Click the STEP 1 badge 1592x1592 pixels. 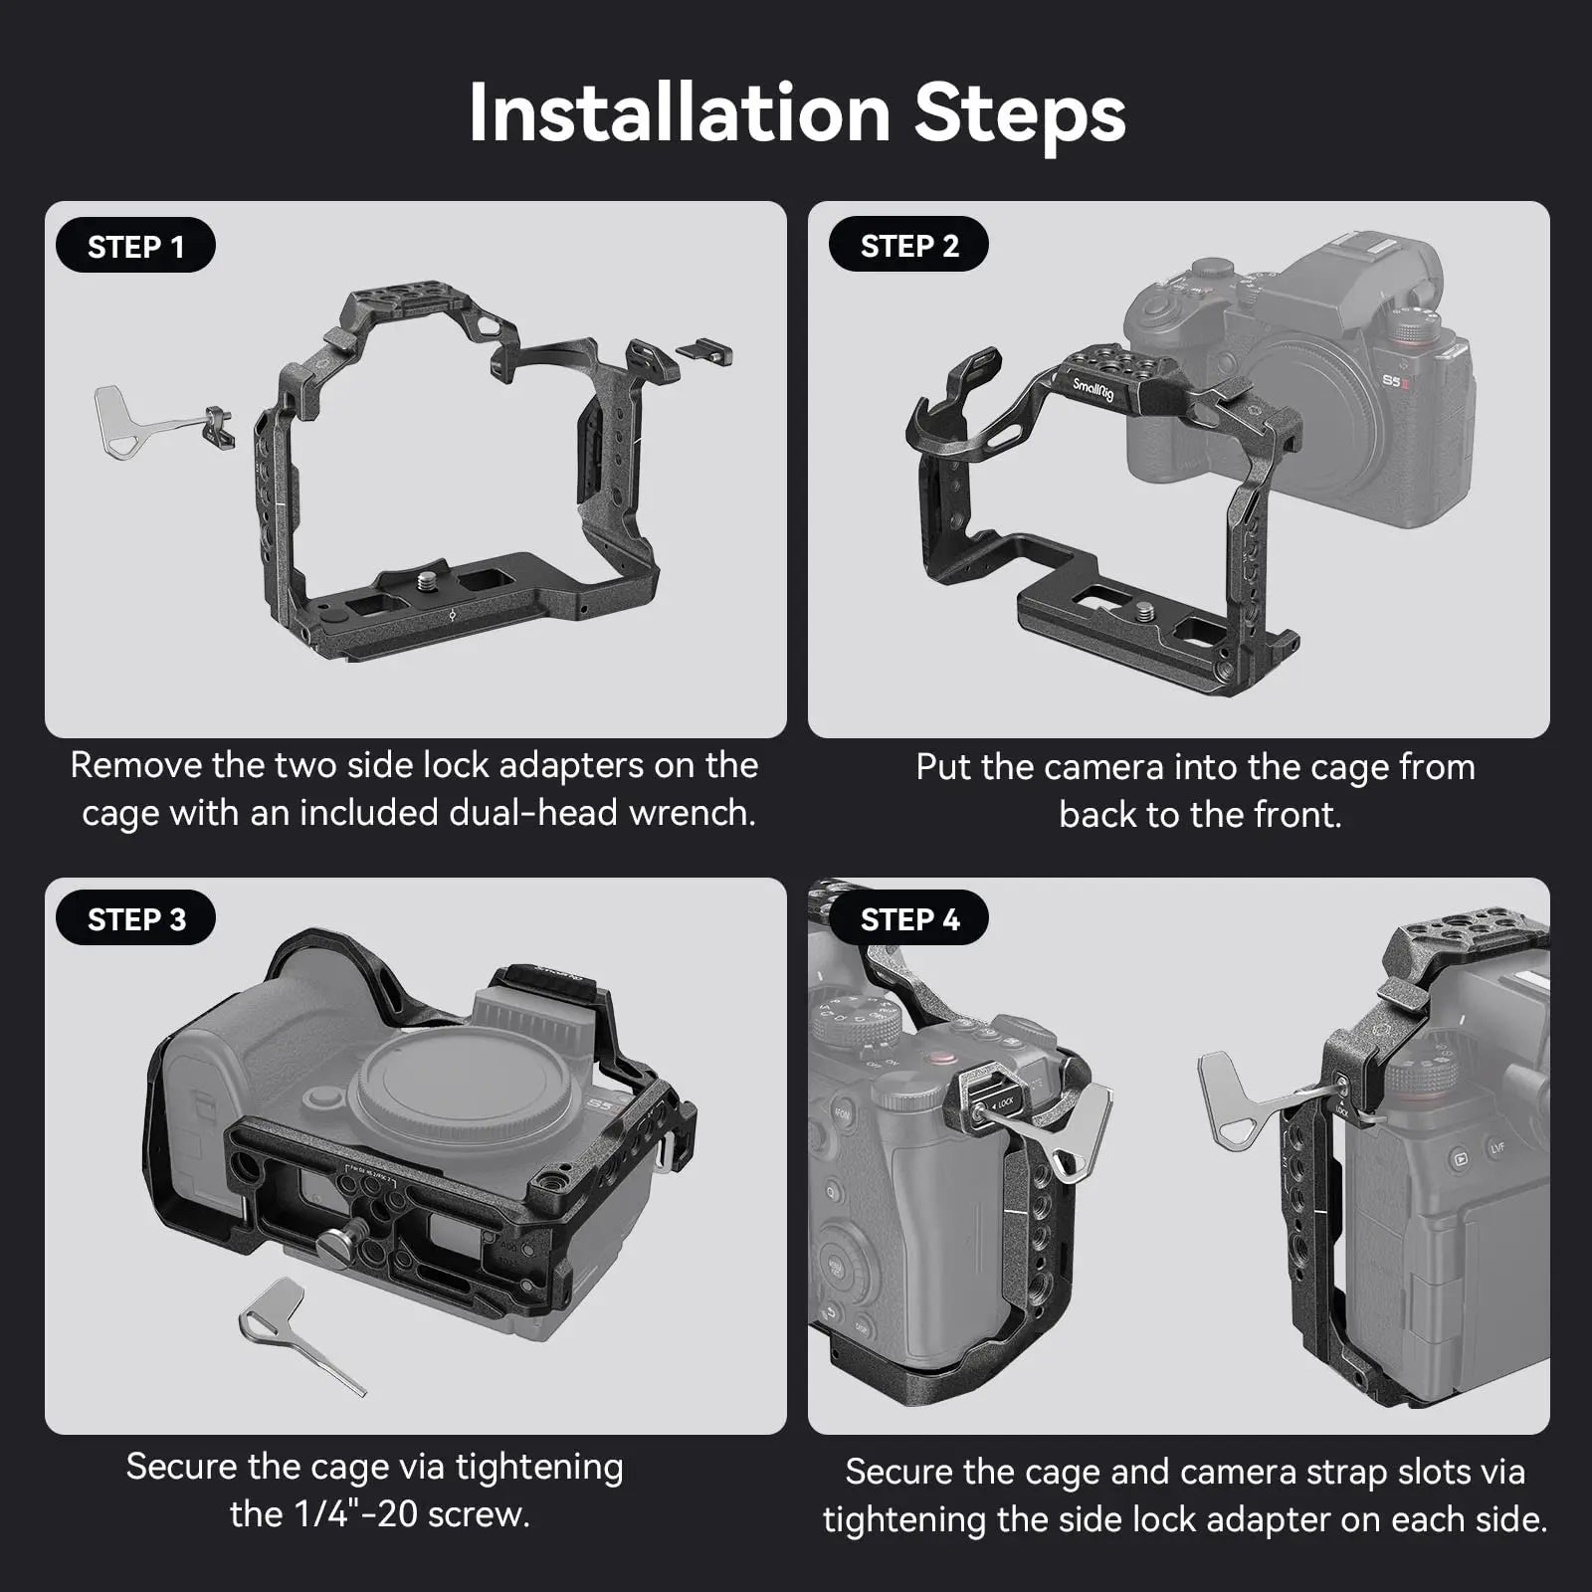pyautogui.click(x=135, y=246)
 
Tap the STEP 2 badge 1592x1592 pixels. pyautogui.click(x=908, y=246)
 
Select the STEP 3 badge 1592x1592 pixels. pyautogui.click(x=135, y=919)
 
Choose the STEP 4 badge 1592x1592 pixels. pyautogui.click(x=908, y=919)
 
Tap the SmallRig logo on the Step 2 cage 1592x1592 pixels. pyautogui.click(x=1093, y=389)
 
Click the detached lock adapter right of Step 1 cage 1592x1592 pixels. pyautogui.click(x=704, y=352)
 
